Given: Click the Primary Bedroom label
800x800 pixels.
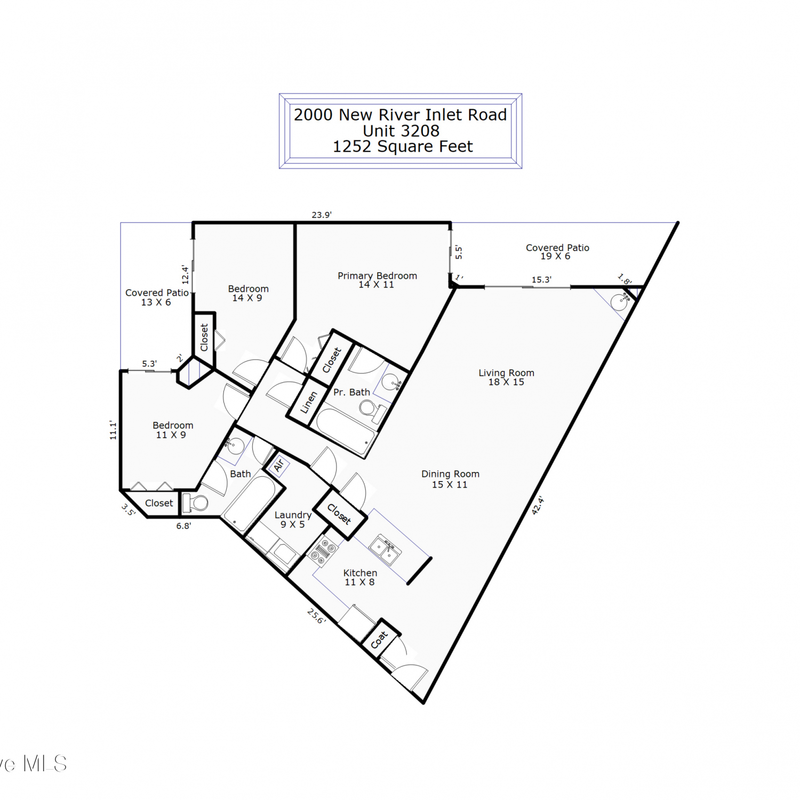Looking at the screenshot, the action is pyautogui.click(x=377, y=280).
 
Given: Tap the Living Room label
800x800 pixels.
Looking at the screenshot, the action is pyautogui.click(x=506, y=377).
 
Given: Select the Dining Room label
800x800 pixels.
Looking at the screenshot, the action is pyautogui.click(x=450, y=479).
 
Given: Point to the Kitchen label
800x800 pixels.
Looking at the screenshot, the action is pyautogui.click(x=360, y=577).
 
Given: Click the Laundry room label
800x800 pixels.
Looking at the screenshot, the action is pyautogui.click(x=293, y=519).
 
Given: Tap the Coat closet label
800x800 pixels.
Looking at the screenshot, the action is pyautogui.click(x=379, y=640).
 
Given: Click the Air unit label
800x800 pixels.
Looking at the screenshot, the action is pyautogui.click(x=278, y=466).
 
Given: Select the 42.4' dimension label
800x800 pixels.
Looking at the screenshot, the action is pyautogui.click(x=538, y=505).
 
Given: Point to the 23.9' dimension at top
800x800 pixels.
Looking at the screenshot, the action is pyautogui.click(x=322, y=215).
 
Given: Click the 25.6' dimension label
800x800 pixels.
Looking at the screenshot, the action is pyautogui.click(x=316, y=616).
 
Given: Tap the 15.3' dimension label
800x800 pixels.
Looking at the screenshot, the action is pyautogui.click(x=541, y=279).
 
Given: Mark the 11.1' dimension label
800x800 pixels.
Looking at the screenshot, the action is pyautogui.click(x=113, y=430).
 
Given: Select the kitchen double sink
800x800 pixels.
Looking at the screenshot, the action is pyautogui.click(x=386, y=550).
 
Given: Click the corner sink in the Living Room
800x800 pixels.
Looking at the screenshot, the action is pyautogui.click(x=620, y=301).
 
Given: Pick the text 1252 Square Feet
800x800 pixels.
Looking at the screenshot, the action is pyautogui.click(x=403, y=146).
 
